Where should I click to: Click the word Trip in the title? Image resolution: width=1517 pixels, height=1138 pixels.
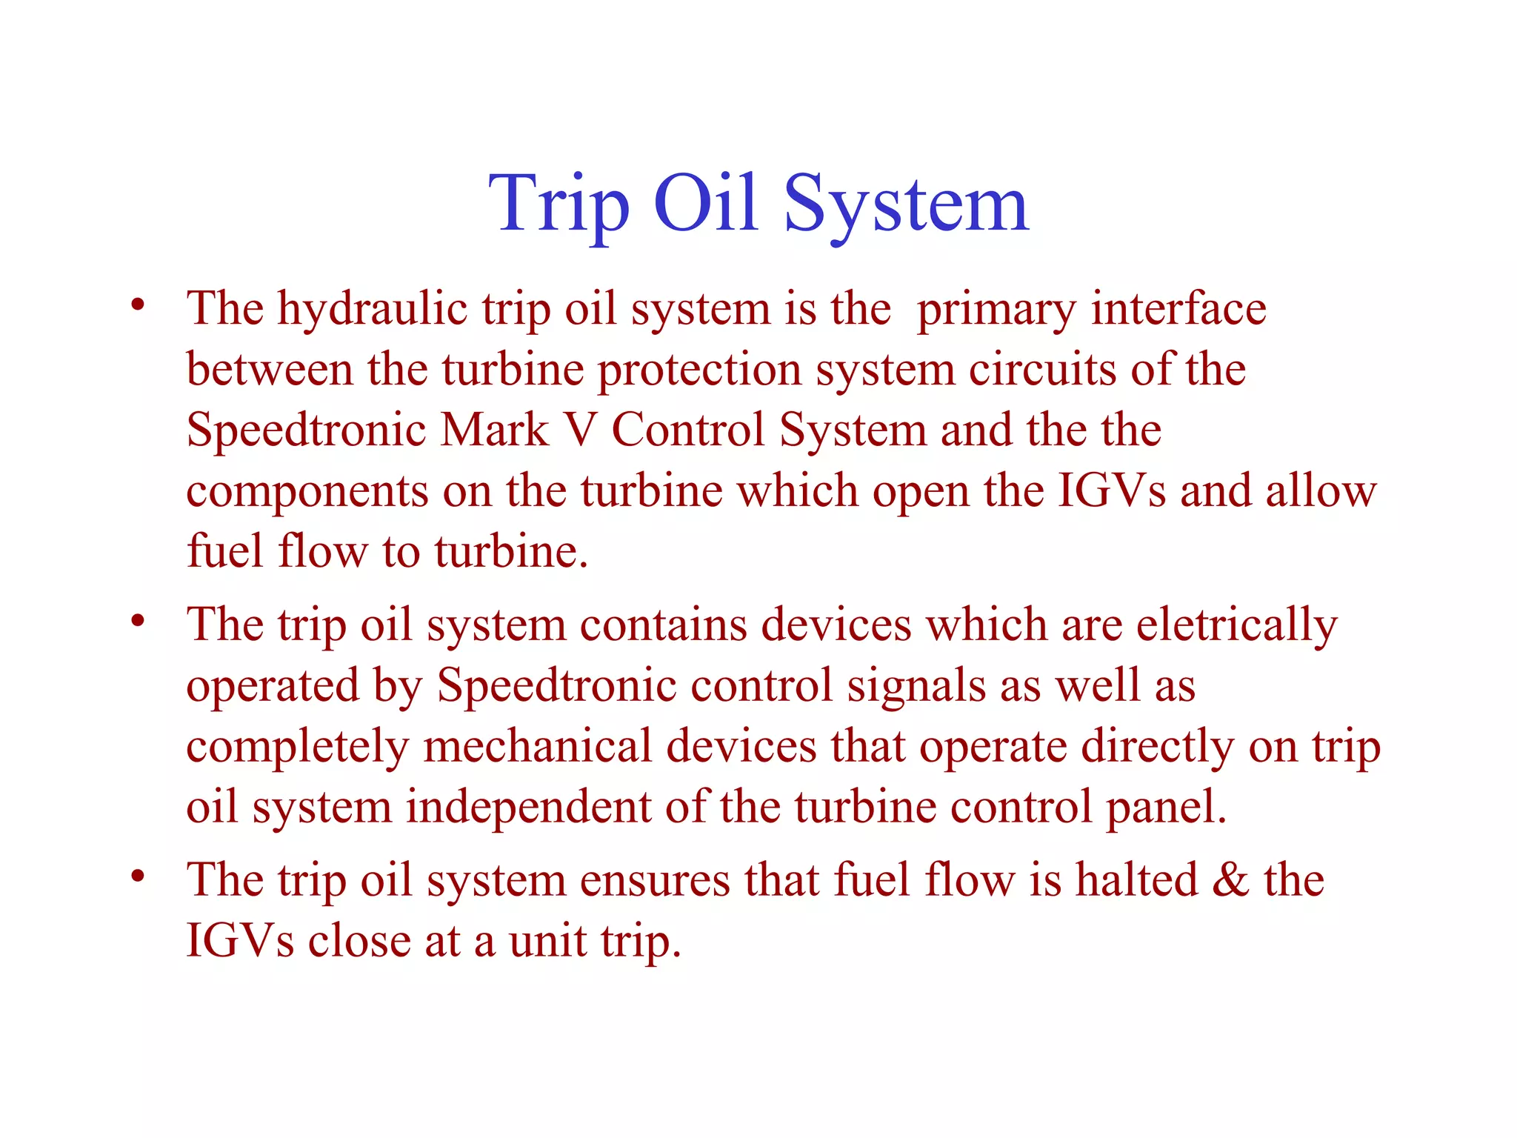point(559,204)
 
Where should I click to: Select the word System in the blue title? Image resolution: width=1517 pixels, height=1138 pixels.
point(906,204)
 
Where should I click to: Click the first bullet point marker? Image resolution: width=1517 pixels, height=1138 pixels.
point(137,305)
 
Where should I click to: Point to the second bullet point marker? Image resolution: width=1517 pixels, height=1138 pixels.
point(137,621)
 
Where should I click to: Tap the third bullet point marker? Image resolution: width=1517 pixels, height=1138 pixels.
point(137,877)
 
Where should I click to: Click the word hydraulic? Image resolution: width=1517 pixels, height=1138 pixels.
point(372,310)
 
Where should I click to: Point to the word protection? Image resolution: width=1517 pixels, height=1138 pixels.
point(699,370)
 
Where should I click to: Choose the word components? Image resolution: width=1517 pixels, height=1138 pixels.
point(307,492)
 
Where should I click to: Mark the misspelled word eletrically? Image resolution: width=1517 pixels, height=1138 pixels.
point(1236,627)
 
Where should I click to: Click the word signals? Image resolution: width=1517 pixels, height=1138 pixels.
point(916,688)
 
